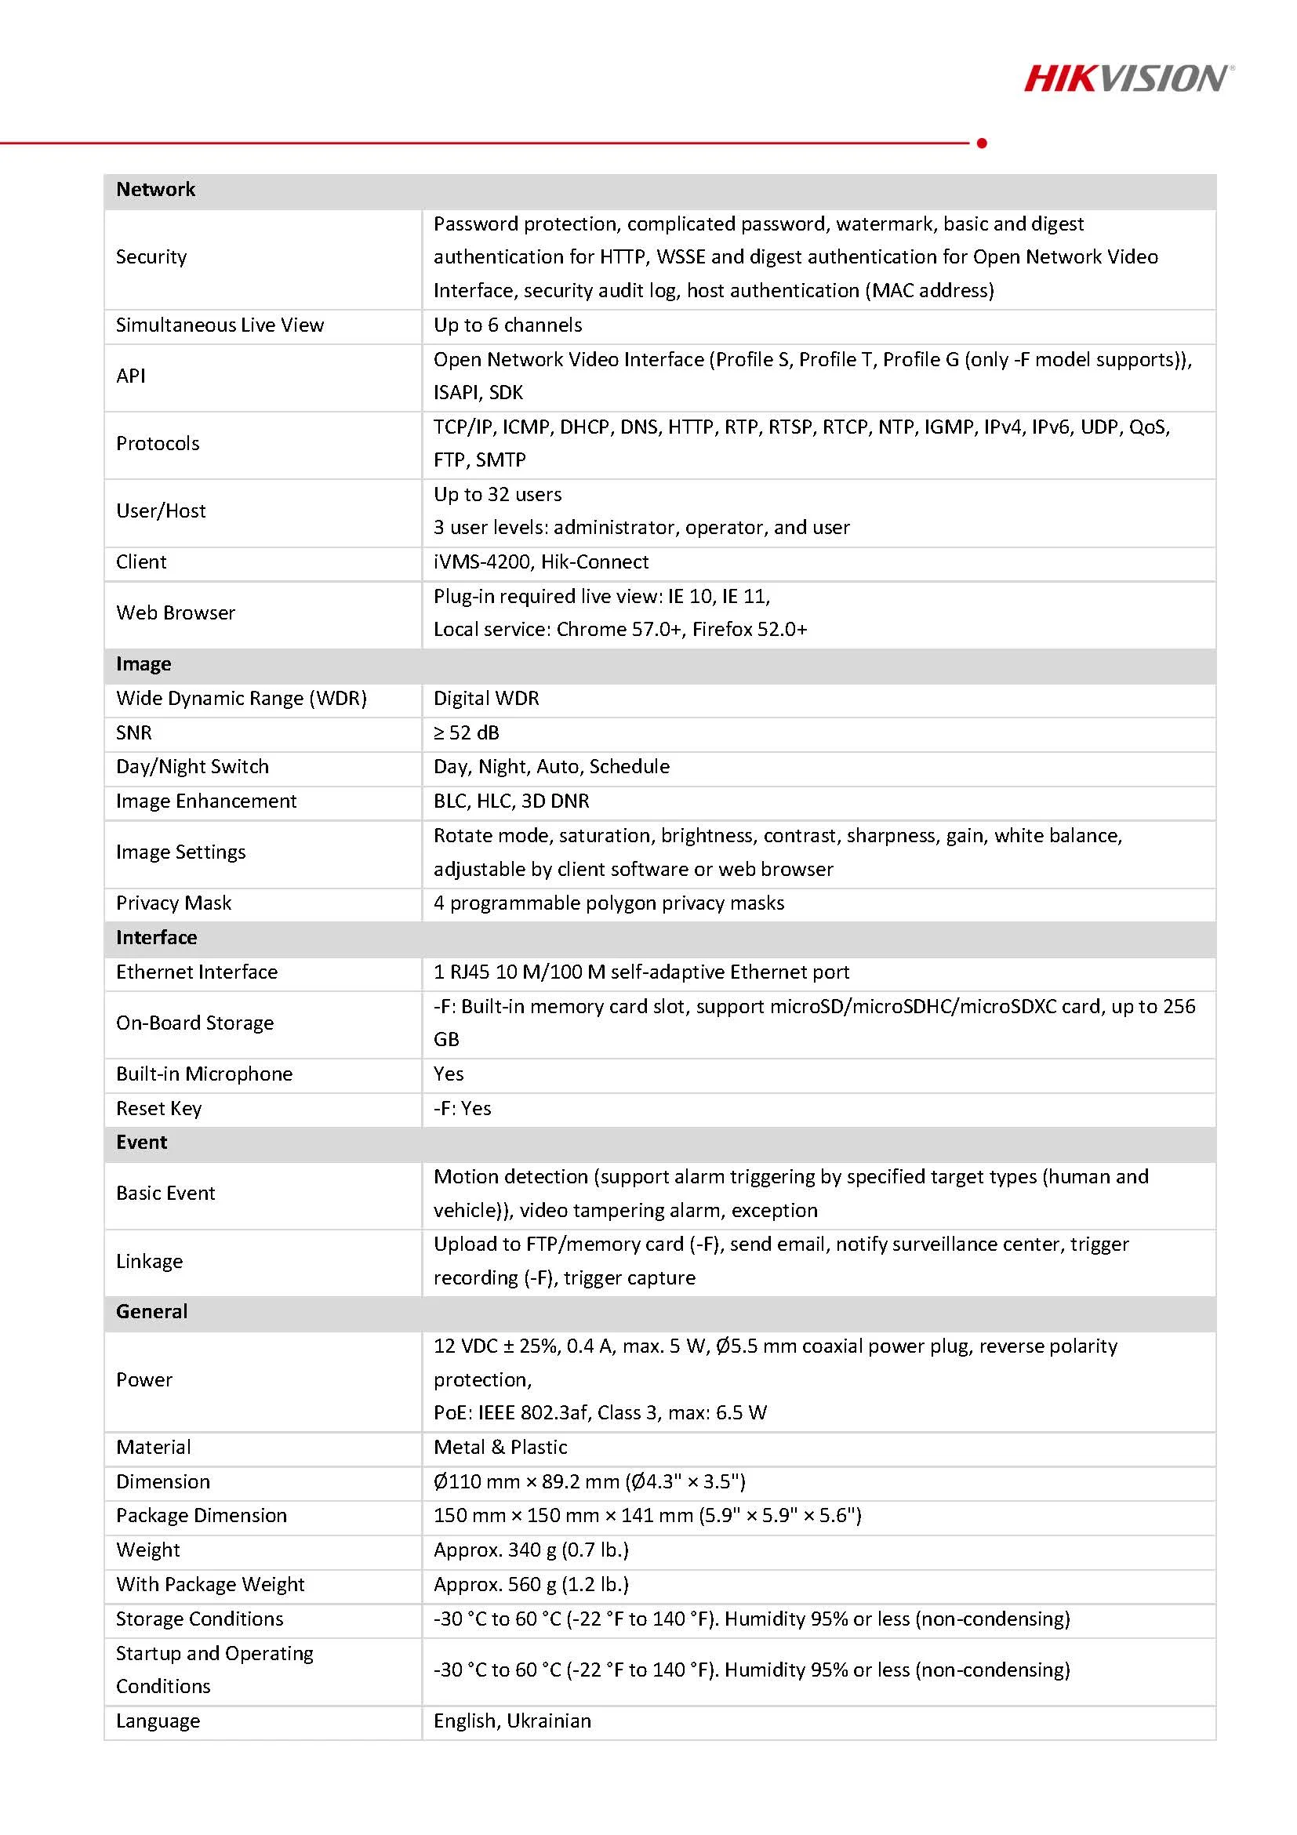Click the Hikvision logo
1128,78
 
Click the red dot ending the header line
982,143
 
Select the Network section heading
156,190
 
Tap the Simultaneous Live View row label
220,325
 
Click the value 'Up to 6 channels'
507,325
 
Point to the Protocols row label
158,444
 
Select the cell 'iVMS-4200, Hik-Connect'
541,561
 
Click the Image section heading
143,664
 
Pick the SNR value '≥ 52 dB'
466,733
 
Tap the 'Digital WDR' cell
486,699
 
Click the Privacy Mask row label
173,903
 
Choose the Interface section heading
156,937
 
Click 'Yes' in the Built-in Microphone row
449,1074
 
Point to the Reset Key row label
158,1109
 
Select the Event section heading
141,1142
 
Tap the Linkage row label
150,1261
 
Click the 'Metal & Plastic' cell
500,1448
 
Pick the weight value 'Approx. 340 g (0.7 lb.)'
531,1550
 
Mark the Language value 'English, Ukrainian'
512,1721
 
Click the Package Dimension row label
201,1515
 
